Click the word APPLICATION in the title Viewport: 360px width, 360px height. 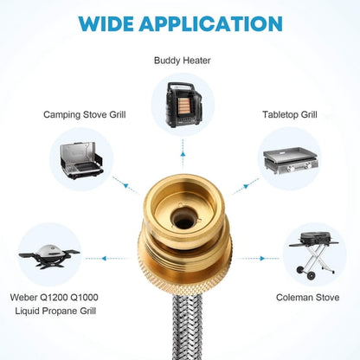click(210, 23)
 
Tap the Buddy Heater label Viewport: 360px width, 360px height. click(183, 61)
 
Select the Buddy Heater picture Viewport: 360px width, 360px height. click(183, 105)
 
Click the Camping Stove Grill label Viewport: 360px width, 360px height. click(85, 115)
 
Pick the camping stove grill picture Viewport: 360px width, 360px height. click(81, 160)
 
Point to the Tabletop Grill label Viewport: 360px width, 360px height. click(290, 115)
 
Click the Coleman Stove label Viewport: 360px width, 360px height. click(307, 298)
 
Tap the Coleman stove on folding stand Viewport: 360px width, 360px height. click(314, 255)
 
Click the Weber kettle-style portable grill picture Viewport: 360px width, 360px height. click(49, 256)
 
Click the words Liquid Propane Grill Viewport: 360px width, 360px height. click(55, 311)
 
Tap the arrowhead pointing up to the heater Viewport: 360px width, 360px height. click(183, 154)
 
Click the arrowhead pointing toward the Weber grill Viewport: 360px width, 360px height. click(104, 259)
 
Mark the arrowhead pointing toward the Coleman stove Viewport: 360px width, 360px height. click(262, 259)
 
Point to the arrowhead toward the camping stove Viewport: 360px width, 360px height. click(125, 185)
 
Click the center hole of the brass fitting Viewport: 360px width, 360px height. click(183, 221)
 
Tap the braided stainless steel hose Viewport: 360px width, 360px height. click(188, 326)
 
